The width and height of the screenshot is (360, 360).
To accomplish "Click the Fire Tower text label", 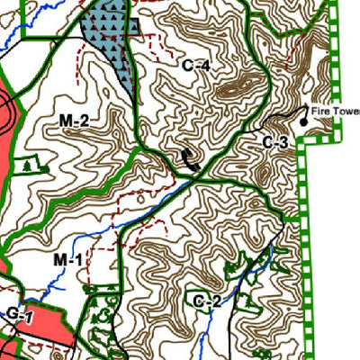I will pos(335,112).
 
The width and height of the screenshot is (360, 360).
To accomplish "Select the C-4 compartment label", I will pos(195,65).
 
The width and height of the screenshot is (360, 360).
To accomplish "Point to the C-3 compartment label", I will pos(275,142).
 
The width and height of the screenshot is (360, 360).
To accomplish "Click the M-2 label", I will pos(74,121).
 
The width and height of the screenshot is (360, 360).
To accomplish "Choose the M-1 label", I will pos(67,260).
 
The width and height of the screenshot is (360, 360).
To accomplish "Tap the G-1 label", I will pos(19,314).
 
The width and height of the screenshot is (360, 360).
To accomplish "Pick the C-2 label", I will pos(206,301).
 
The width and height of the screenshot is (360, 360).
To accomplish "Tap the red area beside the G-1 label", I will pos(49,328).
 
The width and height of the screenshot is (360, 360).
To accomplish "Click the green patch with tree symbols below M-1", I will pos(99,324).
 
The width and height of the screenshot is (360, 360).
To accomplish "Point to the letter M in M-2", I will pos(66,121).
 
